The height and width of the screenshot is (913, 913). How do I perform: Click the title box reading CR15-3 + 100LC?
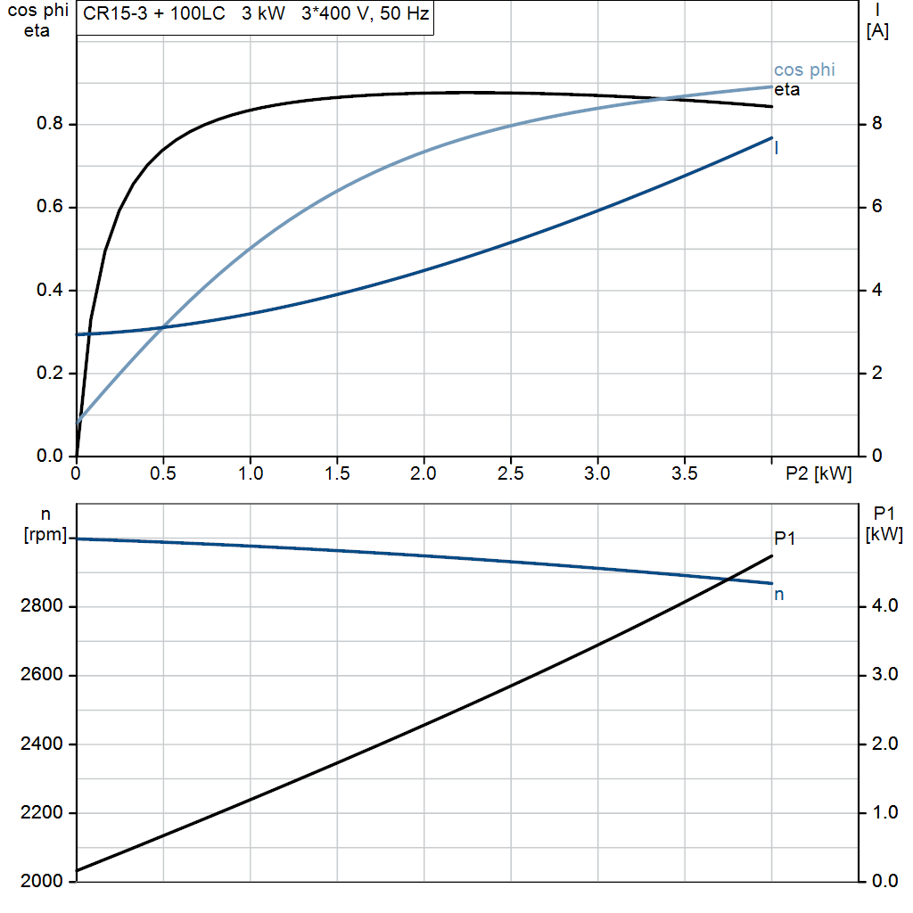pyautogui.click(x=255, y=17)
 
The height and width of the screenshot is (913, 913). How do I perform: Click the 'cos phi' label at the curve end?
pyautogui.click(x=804, y=70)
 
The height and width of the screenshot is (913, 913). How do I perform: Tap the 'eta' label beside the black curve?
pyautogui.click(x=786, y=90)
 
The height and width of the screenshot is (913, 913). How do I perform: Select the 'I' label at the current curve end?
pyautogui.click(x=777, y=149)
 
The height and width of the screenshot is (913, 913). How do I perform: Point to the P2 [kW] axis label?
pyautogui.click(x=818, y=474)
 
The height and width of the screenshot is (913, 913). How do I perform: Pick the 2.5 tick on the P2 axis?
pyautogui.click(x=511, y=474)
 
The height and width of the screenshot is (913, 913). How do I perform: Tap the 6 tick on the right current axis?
pyautogui.click(x=876, y=207)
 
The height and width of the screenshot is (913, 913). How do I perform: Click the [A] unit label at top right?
pyautogui.click(x=876, y=31)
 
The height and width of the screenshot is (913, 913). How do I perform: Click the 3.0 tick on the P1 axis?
pyautogui.click(x=883, y=675)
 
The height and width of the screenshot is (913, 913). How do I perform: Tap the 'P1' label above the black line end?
pyautogui.click(x=784, y=538)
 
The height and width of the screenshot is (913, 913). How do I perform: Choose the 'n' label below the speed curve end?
pyautogui.click(x=778, y=595)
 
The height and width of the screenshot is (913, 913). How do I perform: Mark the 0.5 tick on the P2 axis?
pyautogui.click(x=164, y=474)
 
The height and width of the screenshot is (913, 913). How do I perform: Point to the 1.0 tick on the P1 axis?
pyautogui.click(x=883, y=813)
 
